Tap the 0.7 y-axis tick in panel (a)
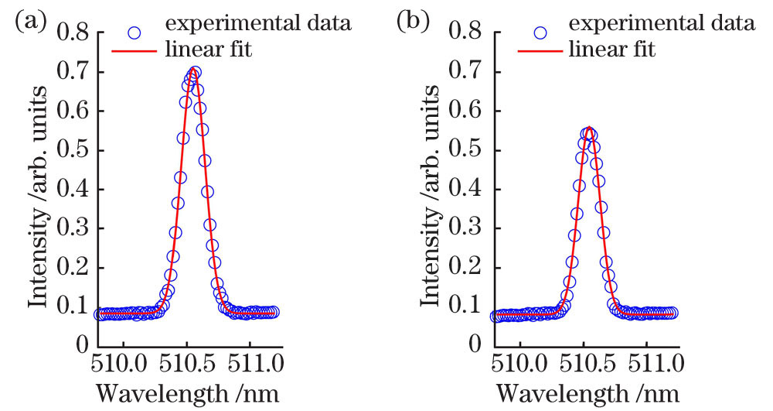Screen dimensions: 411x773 click(76, 72)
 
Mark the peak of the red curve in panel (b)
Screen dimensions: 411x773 click(589, 128)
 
